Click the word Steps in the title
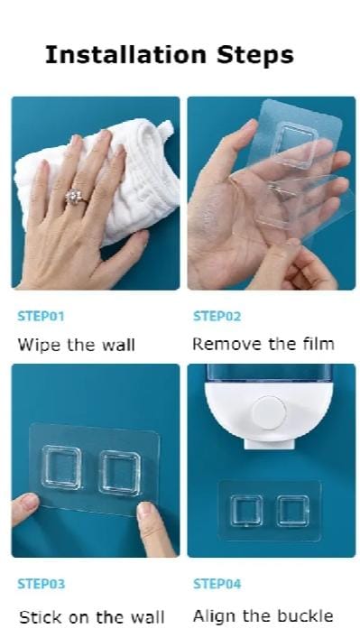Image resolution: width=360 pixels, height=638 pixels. click(254, 55)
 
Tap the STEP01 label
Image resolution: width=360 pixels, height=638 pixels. click(41, 317)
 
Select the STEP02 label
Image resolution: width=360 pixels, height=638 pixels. click(217, 317)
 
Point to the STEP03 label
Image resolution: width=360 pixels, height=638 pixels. click(41, 584)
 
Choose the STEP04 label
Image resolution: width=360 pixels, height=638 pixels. click(217, 584)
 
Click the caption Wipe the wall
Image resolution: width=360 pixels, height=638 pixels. click(76, 345)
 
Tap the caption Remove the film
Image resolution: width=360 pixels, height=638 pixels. click(263, 344)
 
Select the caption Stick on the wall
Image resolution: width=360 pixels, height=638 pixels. click(91, 617)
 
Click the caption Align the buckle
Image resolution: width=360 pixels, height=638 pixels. click(263, 616)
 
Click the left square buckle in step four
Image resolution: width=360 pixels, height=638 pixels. click(246, 511)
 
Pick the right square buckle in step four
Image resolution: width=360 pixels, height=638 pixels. click(292, 511)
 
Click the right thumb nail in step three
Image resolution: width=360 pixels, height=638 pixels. click(145, 510)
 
